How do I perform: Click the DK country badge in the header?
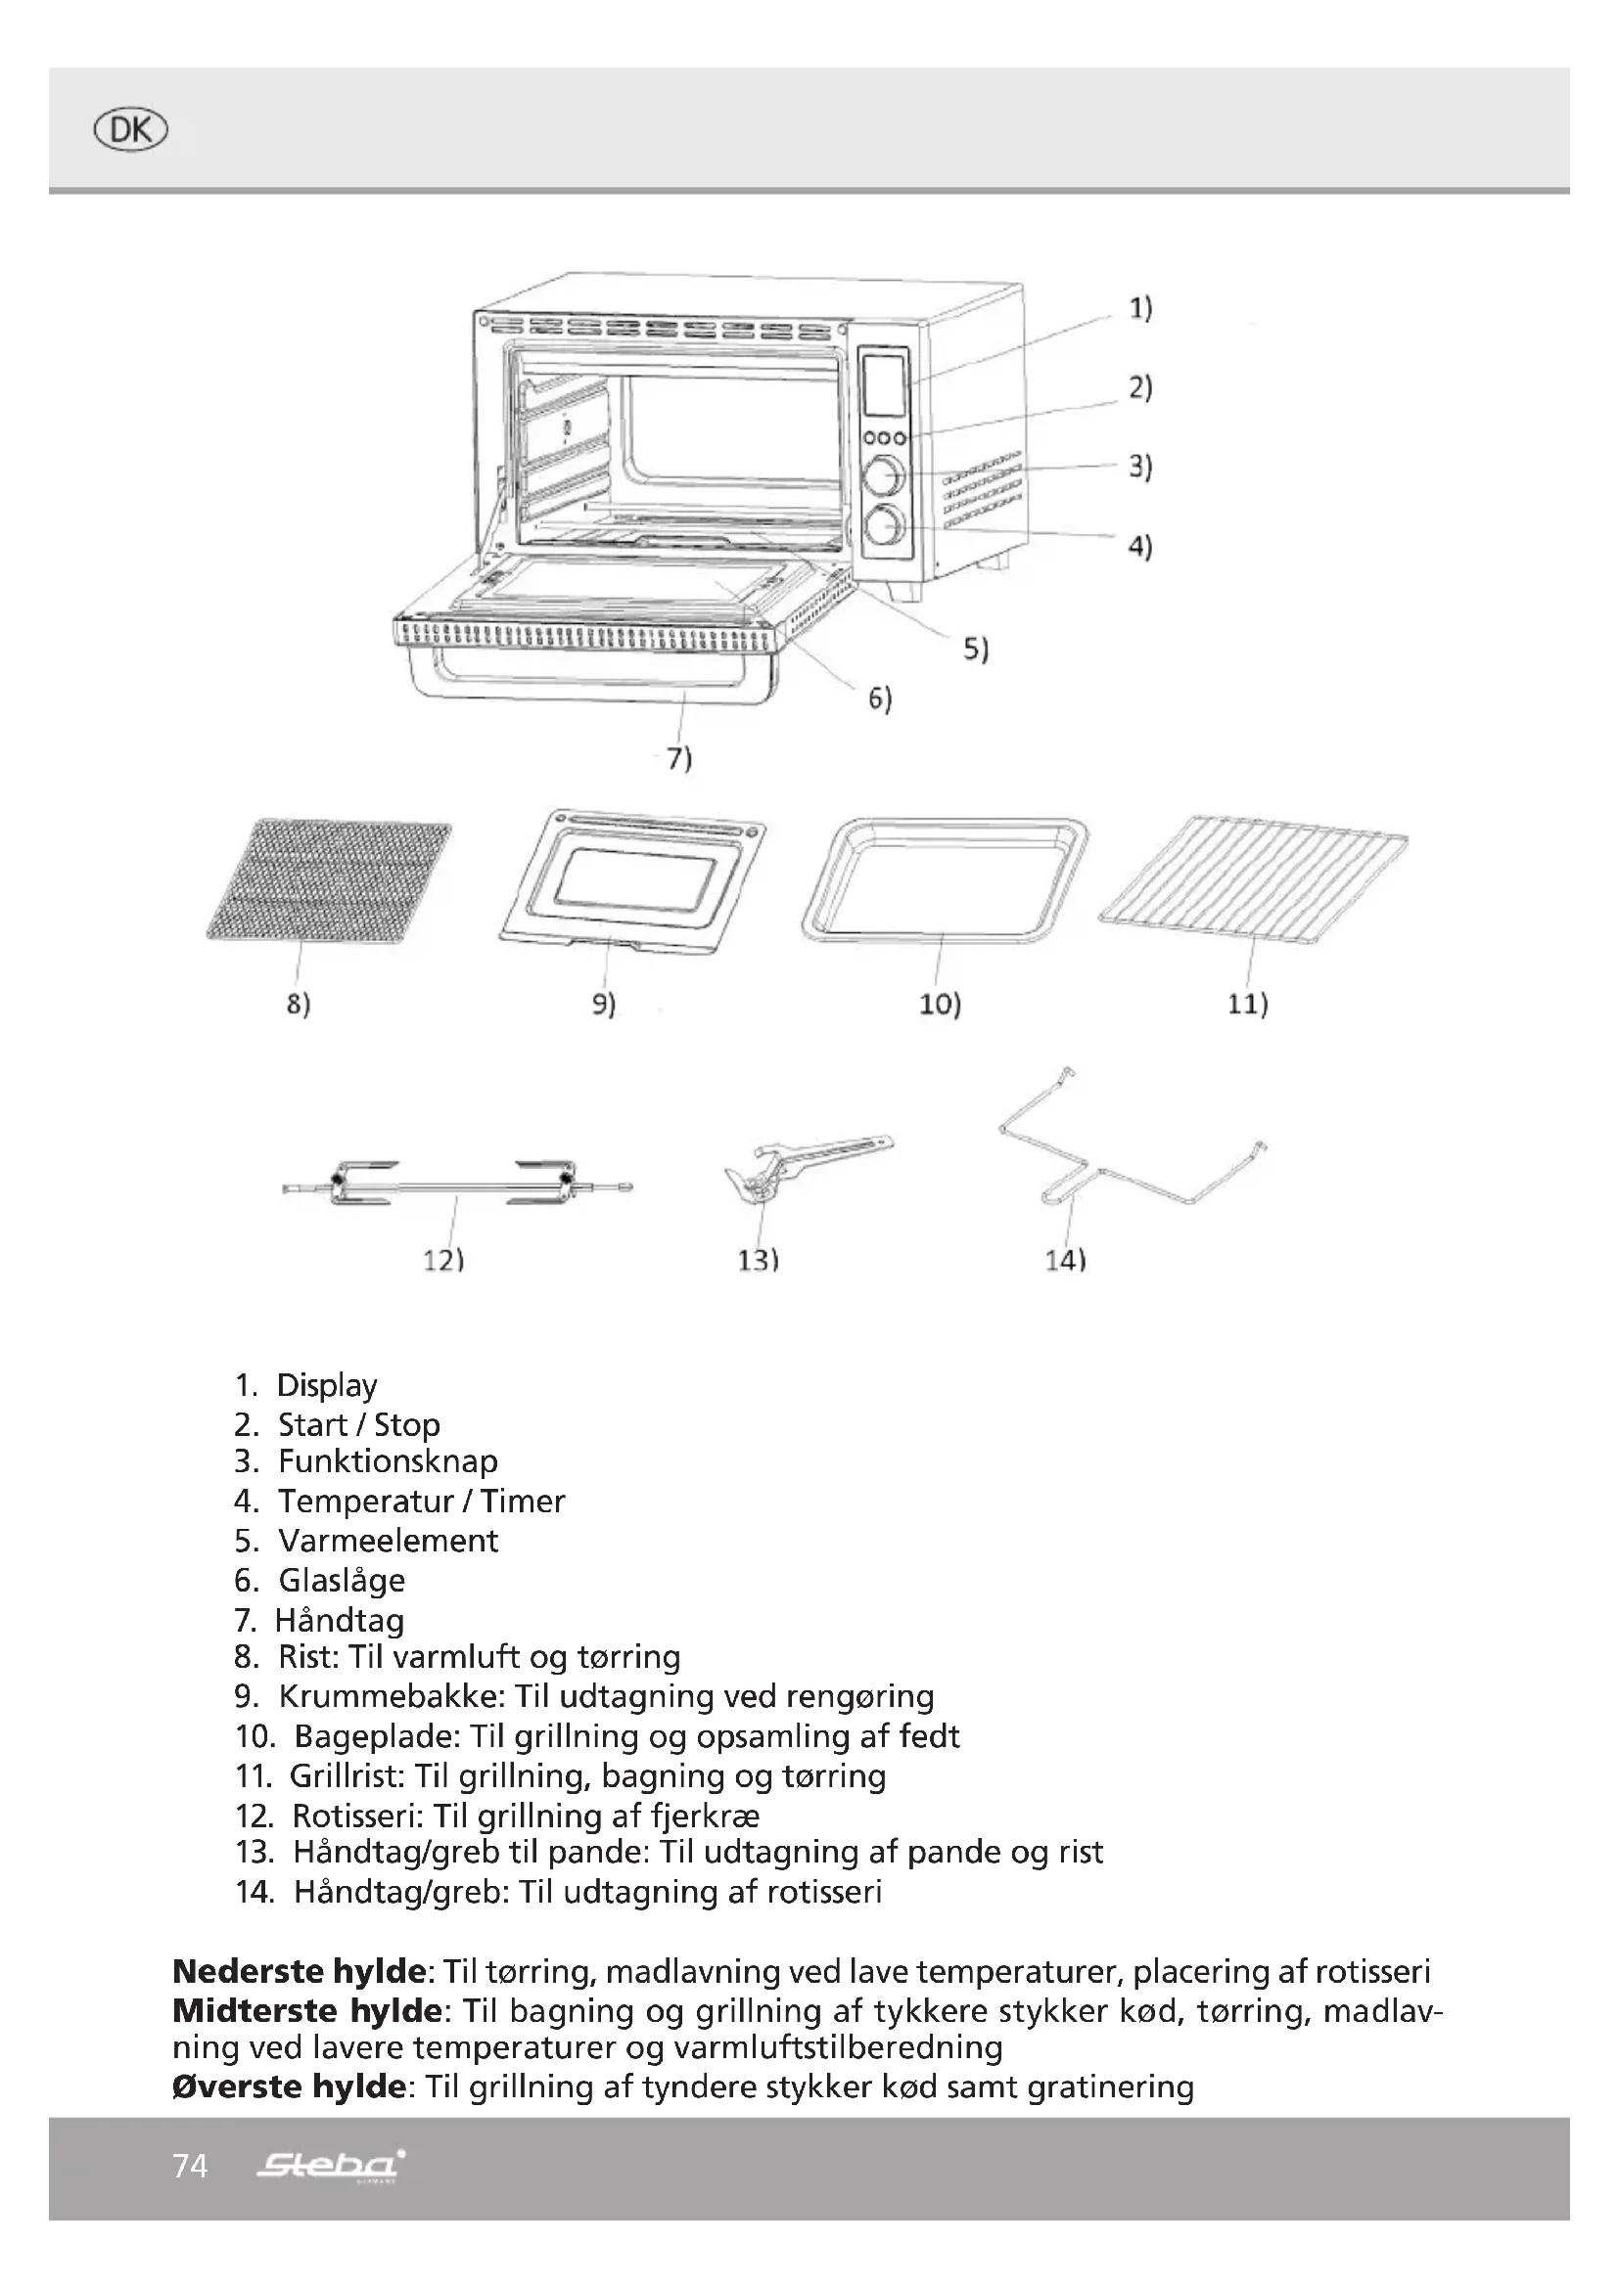(x=129, y=130)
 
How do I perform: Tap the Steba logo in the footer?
(x=331, y=2165)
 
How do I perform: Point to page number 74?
(x=190, y=2166)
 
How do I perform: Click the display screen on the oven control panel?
(x=883, y=384)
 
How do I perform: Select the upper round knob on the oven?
(x=884, y=475)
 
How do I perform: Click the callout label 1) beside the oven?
(x=1139, y=309)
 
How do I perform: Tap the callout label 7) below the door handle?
(x=679, y=758)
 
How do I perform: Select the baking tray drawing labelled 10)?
(x=943, y=879)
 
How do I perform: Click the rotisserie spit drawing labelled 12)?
(x=455, y=1183)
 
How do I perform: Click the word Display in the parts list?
(x=327, y=1385)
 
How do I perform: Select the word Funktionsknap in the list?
(x=388, y=1461)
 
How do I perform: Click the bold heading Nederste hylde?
(x=300, y=1971)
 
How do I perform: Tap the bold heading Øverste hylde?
(x=289, y=2086)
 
